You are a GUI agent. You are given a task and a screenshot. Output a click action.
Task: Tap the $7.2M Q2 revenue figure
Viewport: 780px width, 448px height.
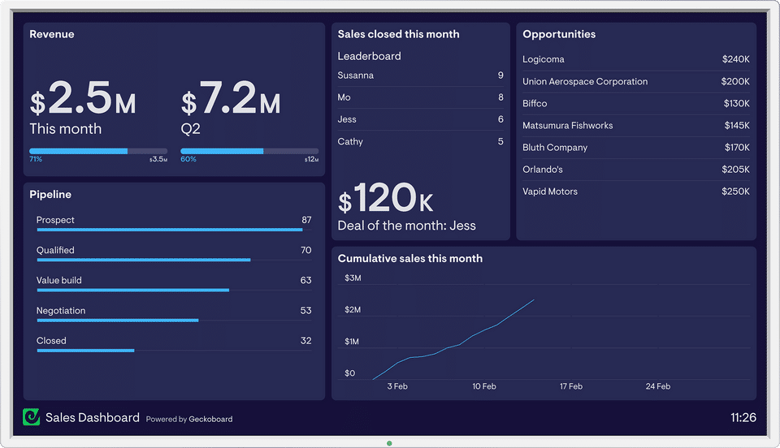231,100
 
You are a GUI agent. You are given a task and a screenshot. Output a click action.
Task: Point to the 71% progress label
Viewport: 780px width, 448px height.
36,160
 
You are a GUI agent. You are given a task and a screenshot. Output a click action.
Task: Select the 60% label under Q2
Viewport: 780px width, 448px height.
188,160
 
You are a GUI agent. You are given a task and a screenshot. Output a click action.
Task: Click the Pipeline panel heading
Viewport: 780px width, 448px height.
50,195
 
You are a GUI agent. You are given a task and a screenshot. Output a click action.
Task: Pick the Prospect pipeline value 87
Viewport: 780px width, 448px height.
306,220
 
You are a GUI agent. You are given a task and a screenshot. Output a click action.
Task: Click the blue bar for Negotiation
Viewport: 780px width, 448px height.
117,321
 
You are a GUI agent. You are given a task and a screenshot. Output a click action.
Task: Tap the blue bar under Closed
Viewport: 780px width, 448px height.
85,351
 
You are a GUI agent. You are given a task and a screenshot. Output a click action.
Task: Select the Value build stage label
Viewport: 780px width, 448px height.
59,281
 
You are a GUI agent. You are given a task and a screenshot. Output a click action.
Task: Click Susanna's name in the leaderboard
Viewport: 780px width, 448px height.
356,75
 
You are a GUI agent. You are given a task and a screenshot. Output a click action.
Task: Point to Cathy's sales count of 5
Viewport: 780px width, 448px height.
500,142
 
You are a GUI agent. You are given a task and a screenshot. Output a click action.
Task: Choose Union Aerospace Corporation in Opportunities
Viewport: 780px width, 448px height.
585,82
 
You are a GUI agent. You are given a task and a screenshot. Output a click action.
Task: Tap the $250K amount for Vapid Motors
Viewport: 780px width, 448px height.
735,192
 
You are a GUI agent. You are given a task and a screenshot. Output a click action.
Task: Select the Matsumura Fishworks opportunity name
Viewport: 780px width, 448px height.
568,126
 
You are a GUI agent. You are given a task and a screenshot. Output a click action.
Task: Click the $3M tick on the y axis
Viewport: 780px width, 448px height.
353,278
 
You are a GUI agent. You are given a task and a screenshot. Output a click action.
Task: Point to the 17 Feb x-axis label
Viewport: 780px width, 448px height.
570,387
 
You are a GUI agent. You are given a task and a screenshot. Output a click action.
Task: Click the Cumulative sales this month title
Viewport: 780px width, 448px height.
410,259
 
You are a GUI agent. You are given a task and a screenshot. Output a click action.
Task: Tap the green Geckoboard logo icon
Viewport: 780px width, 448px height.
32,417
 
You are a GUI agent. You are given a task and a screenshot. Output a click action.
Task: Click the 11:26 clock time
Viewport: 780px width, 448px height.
743,418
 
